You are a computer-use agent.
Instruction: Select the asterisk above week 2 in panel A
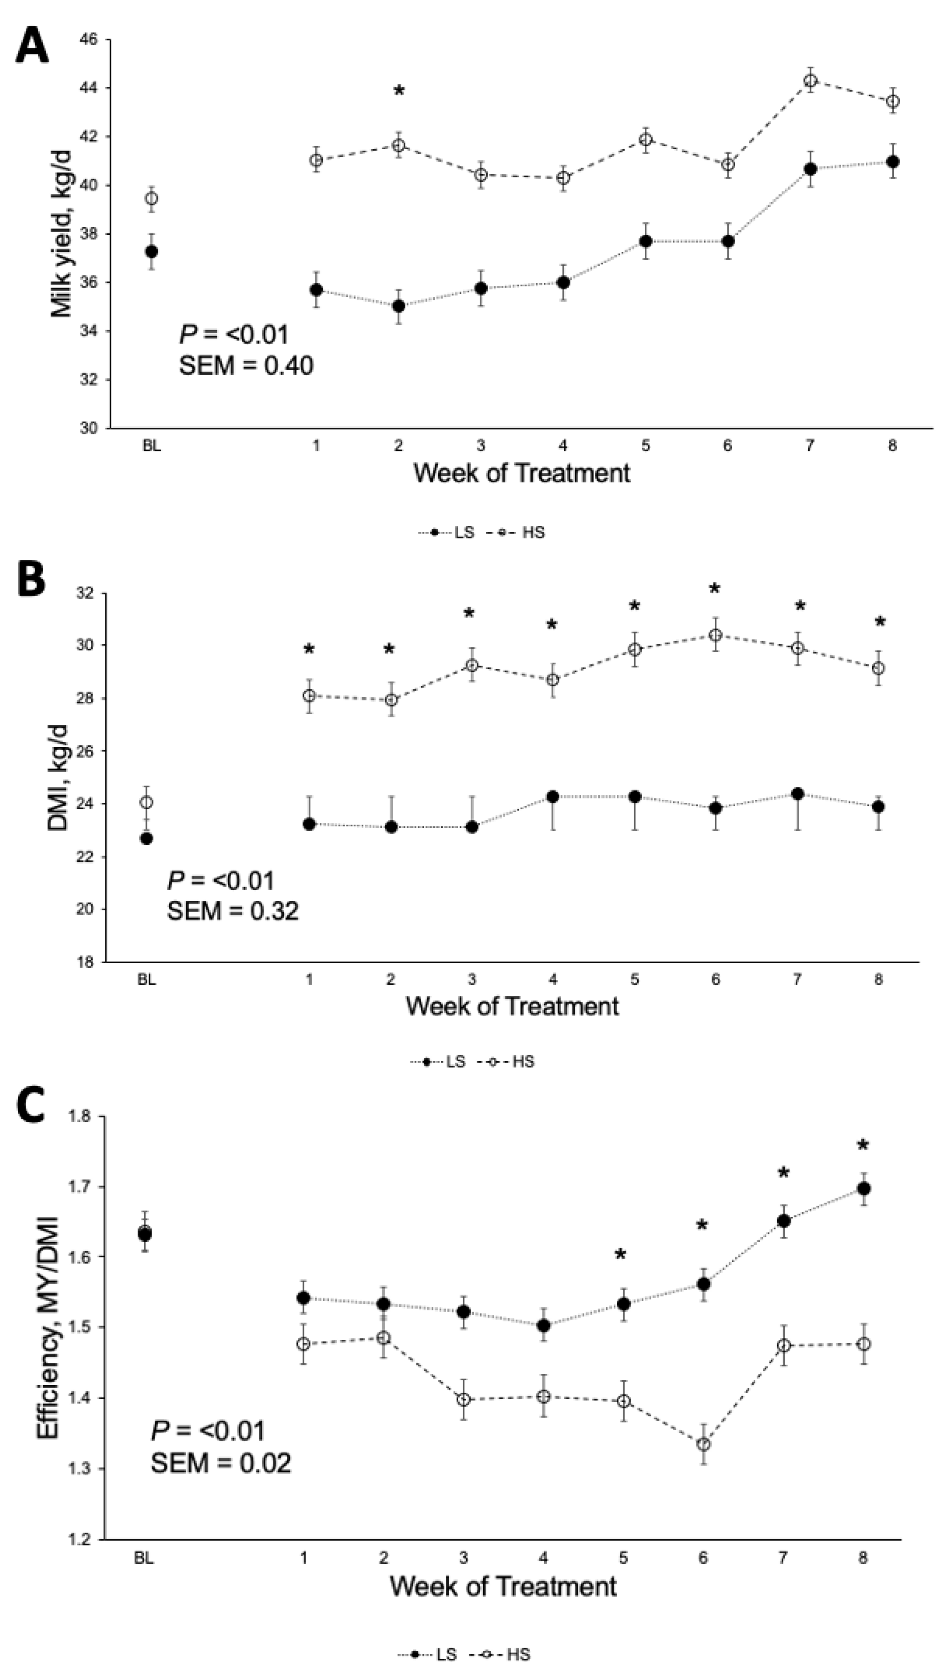pos(399,90)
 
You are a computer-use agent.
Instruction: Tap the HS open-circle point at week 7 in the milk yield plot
pos(810,81)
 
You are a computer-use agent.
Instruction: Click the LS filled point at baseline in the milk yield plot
pos(152,251)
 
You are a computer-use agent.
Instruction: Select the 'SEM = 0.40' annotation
pos(246,366)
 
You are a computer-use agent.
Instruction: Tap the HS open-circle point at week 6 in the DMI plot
pos(715,635)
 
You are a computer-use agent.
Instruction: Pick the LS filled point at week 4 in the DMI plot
pos(553,796)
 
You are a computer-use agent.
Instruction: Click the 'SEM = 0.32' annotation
pos(233,911)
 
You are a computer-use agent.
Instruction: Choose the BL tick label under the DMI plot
pos(147,980)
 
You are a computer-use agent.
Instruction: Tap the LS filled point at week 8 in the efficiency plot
pos(864,1189)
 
